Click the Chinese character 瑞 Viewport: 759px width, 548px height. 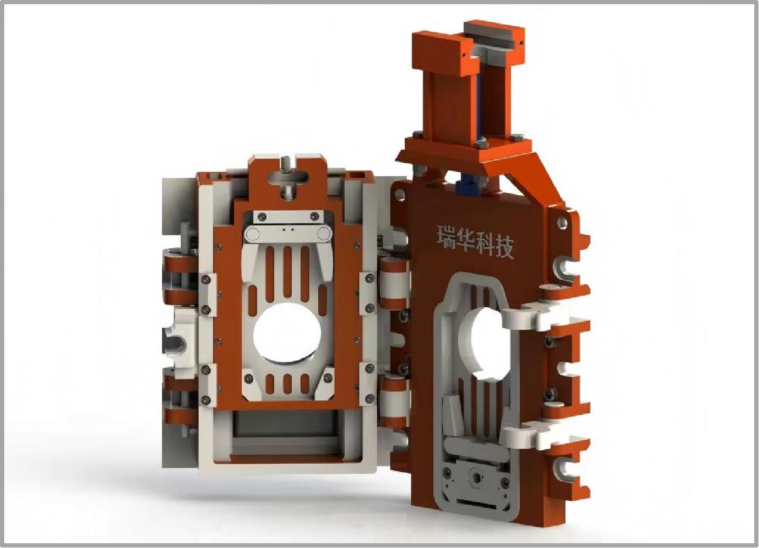[x=446, y=237]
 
